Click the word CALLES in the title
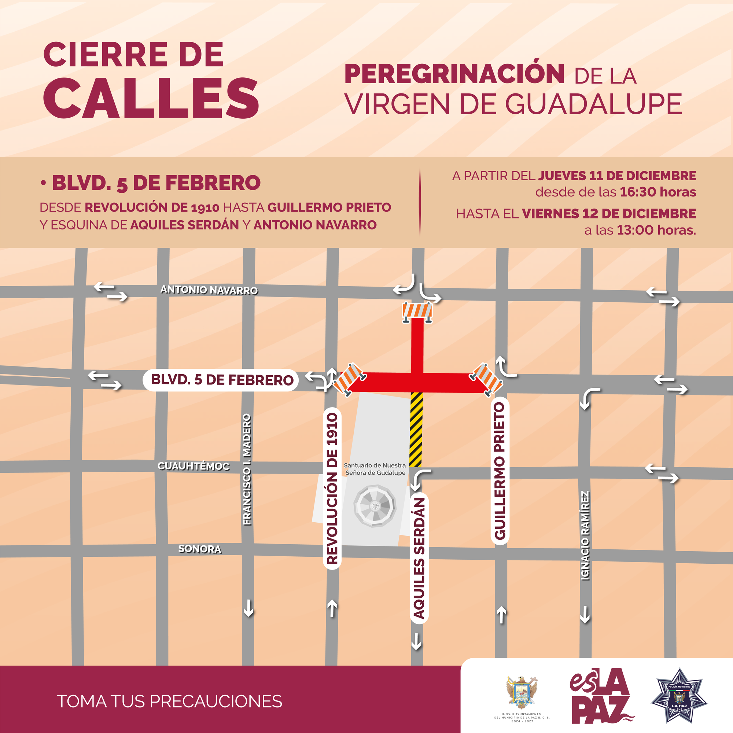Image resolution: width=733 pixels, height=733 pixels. tap(151, 98)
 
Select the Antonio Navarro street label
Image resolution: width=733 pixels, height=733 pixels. tap(209, 290)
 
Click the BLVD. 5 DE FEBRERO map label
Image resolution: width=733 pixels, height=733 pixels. tap(222, 380)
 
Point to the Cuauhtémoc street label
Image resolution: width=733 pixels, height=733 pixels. tap(194, 466)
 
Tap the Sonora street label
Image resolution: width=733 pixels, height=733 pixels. tap(200, 549)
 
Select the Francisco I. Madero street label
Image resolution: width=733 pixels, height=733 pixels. tap(247, 470)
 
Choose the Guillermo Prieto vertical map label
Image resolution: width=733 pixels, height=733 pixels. tap(500, 471)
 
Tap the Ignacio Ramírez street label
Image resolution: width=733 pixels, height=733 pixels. tap(585, 536)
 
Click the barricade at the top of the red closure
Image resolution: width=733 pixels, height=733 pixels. tap(417, 312)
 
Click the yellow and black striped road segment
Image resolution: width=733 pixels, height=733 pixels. tap(416, 430)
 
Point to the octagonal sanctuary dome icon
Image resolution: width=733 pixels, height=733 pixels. tap(375, 505)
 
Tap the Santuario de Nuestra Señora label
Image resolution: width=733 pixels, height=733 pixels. tap(375, 469)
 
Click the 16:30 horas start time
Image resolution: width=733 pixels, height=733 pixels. tap(658, 192)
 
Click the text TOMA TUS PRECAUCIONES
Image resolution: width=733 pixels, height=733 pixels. tap(169, 701)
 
